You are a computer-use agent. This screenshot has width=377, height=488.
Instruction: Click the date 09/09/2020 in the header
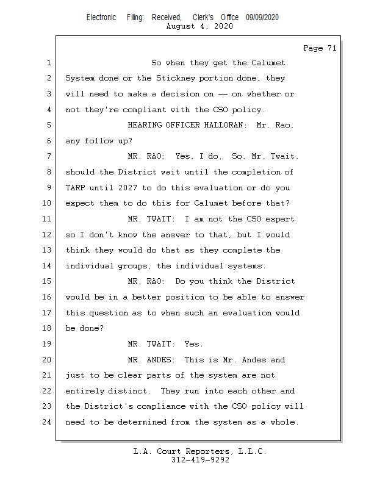click(x=262, y=18)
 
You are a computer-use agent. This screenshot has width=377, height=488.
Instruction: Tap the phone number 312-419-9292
click(x=200, y=461)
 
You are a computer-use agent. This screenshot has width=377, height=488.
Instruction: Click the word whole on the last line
click(x=285, y=422)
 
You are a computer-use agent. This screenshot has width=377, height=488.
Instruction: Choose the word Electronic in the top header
click(x=101, y=18)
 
